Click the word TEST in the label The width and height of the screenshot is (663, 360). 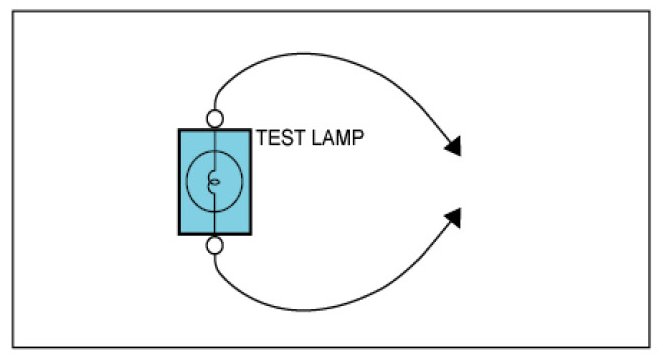point(280,138)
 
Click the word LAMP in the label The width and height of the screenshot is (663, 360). point(337,138)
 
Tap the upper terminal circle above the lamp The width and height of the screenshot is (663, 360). point(215,119)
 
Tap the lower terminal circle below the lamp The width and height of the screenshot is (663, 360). point(215,245)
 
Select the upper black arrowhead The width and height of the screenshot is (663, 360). point(454,146)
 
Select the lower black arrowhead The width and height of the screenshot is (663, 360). point(454,218)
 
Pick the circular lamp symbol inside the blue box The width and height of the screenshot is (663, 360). point(186,181)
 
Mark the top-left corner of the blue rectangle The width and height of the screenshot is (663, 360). point(179,130)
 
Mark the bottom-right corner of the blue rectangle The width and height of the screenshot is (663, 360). point(251,234)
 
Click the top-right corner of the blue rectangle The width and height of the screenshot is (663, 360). point(251,130)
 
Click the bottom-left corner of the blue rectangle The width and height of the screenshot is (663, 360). point(179,234)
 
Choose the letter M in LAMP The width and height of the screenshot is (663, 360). point(343,138)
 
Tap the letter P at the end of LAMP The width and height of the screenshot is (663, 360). point(358,138)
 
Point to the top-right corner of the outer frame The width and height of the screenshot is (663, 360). point(650,11)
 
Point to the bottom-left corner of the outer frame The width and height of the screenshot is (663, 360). point(13,347)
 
